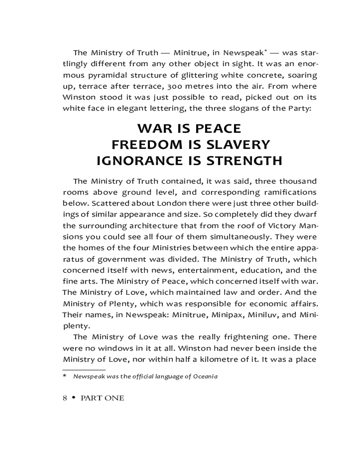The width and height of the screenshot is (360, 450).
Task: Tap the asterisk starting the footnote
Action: pyautogui.click(x=65, y=376)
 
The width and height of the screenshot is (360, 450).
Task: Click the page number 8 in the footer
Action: pyautogui.click(x=65, y=398)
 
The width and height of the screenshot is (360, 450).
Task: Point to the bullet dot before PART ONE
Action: pyautogui.click(x=73, y=398)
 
